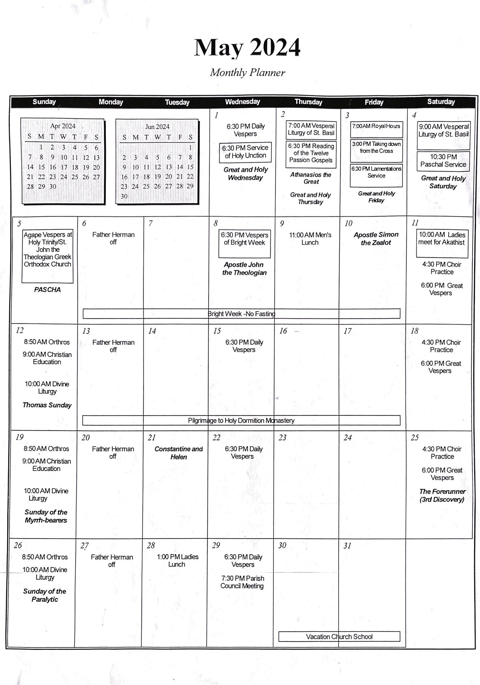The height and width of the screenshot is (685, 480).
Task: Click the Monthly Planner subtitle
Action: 247,73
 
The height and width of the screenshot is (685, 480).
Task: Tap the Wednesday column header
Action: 242,102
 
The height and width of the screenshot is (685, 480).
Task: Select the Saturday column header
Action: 441,102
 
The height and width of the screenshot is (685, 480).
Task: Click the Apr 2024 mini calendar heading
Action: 63,126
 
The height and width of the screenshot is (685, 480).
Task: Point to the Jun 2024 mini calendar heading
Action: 157,127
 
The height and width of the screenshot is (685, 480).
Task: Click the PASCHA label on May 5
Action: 47,290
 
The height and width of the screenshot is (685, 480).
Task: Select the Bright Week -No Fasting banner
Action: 241,314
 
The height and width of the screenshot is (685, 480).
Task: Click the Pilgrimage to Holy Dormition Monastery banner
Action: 241,421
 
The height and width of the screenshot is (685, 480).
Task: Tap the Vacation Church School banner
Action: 339,637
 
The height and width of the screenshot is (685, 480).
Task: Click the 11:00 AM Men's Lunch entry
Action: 310,239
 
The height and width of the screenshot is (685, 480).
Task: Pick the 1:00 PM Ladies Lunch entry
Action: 177,561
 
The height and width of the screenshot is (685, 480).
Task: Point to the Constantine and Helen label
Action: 179,453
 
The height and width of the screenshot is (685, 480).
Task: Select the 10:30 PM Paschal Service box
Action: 443,161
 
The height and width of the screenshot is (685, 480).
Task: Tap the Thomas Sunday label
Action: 47,405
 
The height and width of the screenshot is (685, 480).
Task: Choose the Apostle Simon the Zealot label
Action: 376,239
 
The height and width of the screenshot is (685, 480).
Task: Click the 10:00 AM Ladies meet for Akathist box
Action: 442,239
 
